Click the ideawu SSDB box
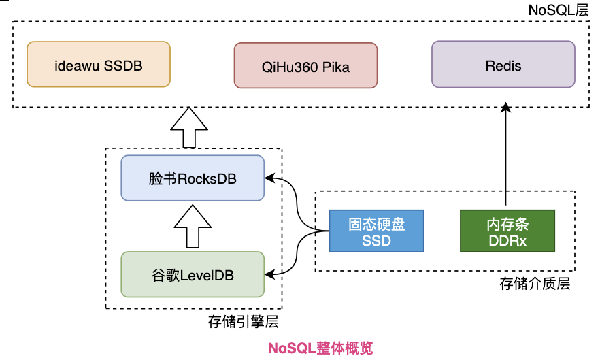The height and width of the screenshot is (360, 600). point(99,65)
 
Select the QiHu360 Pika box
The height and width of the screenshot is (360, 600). point(305,66)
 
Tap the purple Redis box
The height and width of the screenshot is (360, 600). point(503,65)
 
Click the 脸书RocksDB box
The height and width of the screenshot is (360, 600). point(192,178)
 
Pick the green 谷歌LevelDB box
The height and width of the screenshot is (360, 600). point(192,274)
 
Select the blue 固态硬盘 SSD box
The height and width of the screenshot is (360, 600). point(376,231)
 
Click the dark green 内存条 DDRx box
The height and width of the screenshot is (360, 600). point(507,231)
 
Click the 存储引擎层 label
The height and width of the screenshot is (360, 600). point(243,321)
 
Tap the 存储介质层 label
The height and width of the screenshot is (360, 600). point(535,284)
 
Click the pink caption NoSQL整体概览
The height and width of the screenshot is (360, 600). point(320,348)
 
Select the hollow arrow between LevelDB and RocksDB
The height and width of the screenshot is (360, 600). point(192,227)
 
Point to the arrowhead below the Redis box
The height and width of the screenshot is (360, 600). point(505,108)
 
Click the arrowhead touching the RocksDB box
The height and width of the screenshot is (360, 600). point(270,178)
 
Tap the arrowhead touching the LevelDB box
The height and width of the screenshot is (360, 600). point(270,274)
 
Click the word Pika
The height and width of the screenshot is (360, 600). point(336,67)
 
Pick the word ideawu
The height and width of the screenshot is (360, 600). point(78,66)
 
